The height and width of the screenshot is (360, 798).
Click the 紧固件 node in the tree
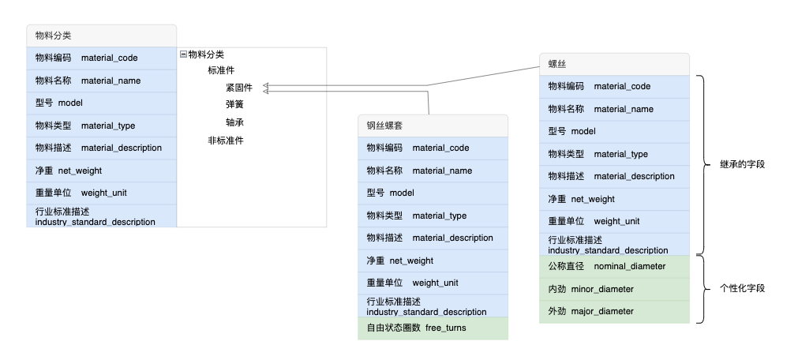coord(239,88)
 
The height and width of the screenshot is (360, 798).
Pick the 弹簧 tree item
coord(234,105)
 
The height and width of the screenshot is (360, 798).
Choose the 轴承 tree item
coord(234,122)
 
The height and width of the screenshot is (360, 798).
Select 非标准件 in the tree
coord(225,141)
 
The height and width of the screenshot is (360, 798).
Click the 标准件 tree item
coord(221,70)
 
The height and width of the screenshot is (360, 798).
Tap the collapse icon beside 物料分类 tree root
coord(183,54)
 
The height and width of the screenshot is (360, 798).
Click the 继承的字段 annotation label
coord(743,165)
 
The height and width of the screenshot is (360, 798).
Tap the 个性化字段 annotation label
coord(743,288)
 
